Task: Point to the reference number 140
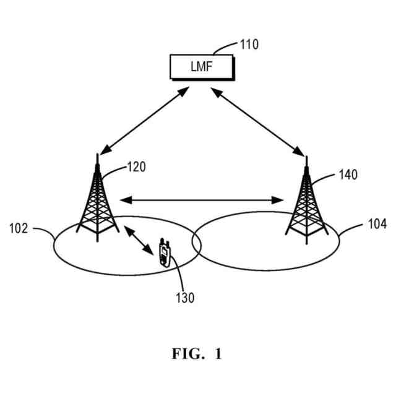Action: click(x=348, y=175)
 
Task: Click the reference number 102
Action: click(x=18, y=228)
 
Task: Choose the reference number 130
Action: click(x=184, y=298)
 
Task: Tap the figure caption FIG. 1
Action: click(x=196, y=355)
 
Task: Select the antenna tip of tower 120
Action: click(x=97, y=156)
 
